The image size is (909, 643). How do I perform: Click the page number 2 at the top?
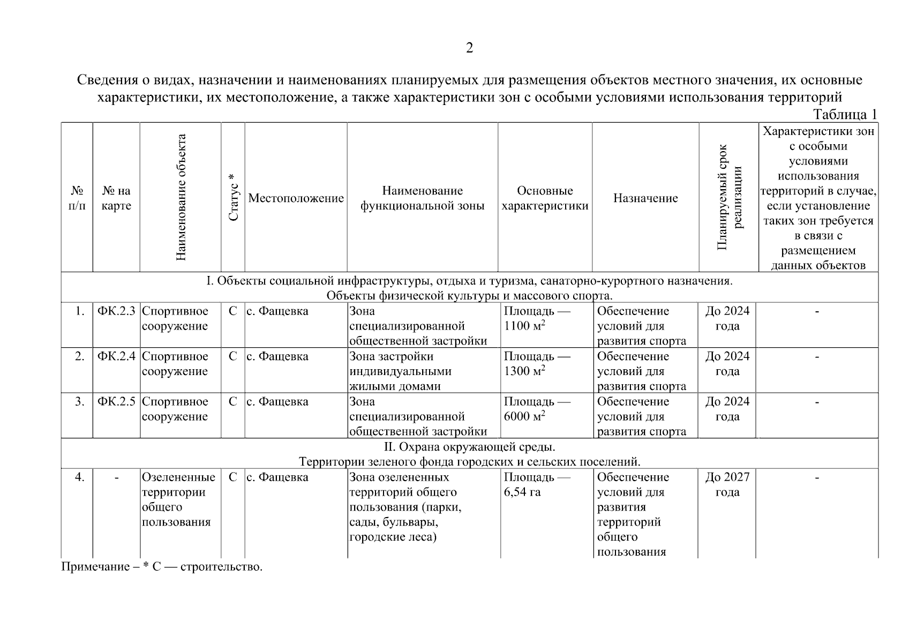pyautogui.click(x=469, y=48)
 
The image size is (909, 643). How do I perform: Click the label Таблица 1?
pyautogui.click(x=845, y=115)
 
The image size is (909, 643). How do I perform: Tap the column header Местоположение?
pyautogui.click(x=296, y=198)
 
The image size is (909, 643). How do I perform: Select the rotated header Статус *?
pyautogui.click(x=233, y=197)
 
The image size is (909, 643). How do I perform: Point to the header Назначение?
pyautogui.click(x=645, y=198)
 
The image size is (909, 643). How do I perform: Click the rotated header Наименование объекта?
pyautogui.click(x=181, y=197)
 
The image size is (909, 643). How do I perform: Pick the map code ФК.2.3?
pyautogui.click(x=116, y=311)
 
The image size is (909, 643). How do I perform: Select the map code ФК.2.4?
pyautogui.click(x=116, y=356)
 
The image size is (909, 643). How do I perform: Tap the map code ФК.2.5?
pyautogui.click(x=116, y=402)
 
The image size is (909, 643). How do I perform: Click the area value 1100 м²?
pyautogui.click(x=524, y=326)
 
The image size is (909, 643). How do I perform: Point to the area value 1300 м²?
pyautogui.click(x=524, y=371)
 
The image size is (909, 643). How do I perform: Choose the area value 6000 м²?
pyautogui.click(x=524, y=416)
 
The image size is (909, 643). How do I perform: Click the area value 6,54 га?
pyautogui.click(x=522, y=492)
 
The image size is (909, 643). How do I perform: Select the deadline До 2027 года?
pyautogui.click(x=727, y=484)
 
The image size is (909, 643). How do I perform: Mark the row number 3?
pyautogui.click(x=79, y=402)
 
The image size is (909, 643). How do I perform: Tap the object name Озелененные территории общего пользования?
pyautogui.click(x=178, y=499)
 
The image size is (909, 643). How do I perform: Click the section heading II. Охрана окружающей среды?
pyautogui.click(x=469, y=446)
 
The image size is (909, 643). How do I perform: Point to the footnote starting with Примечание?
pyautogui.click(x=162, y=567)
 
